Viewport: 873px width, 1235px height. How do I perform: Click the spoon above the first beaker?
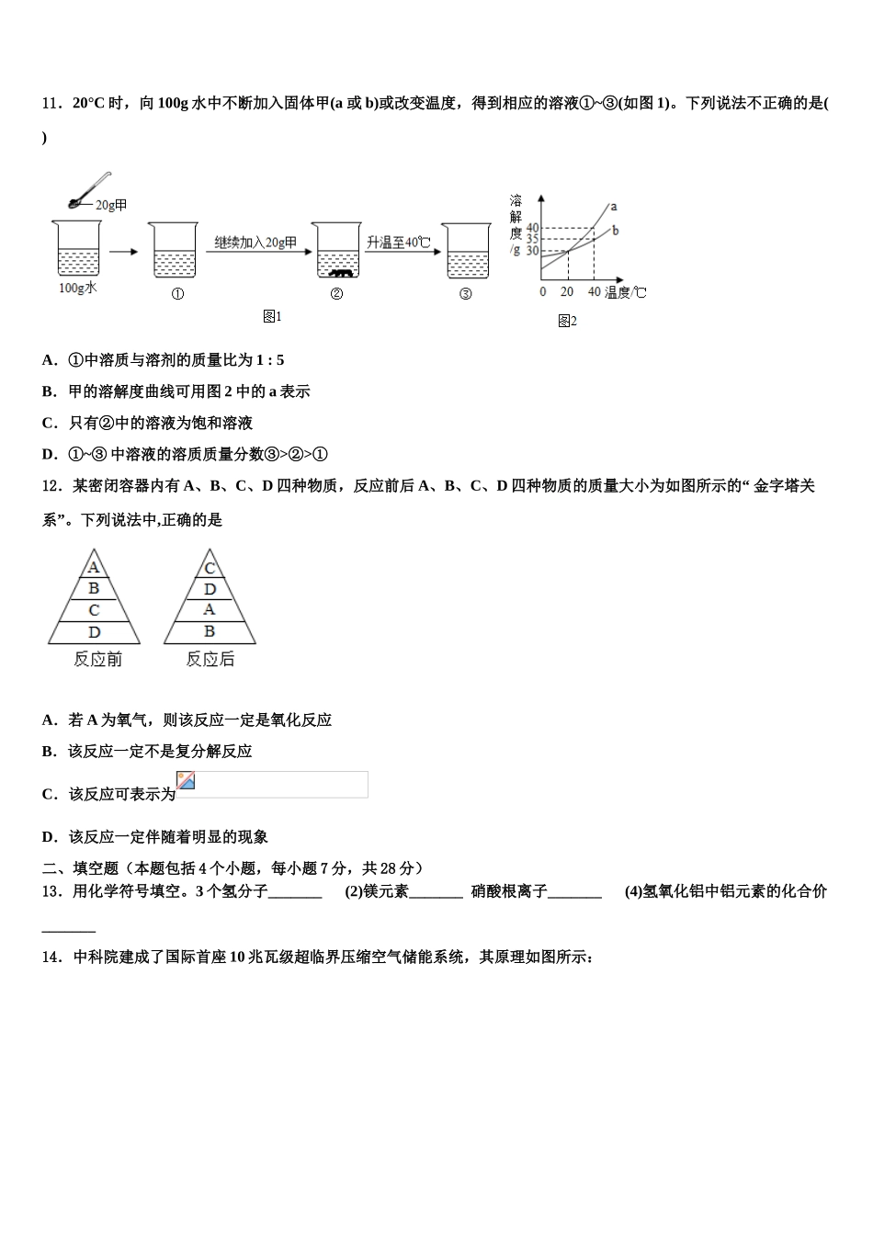[x=88, y=191]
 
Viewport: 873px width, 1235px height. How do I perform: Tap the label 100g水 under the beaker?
[x=77, y=289]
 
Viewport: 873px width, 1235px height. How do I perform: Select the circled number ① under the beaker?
[x=177, y=294]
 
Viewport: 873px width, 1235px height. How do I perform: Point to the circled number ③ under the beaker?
[x=465, y=294]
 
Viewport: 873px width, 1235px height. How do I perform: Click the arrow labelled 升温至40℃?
[x=399, y=253]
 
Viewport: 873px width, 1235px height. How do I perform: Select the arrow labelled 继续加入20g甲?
[x=255, y=253]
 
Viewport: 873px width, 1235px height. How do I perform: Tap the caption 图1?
[x=272, y=317]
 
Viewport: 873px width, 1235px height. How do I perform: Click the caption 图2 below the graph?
[x=567, y=321]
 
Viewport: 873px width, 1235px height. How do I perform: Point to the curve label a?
[x=613, y=207]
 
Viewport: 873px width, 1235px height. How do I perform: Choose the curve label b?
[x=615, y=231]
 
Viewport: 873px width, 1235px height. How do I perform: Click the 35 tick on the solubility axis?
[x=532, y=239]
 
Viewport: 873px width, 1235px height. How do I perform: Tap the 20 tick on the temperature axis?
[x=567, y=292]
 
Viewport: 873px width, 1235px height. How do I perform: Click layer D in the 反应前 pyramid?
[x=94, y=632]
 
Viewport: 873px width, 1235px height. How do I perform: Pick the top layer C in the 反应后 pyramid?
[x=210, y=568]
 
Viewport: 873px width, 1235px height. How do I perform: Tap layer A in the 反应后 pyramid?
[x=210, y=609]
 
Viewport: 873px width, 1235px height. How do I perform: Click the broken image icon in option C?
[x=186, y=781]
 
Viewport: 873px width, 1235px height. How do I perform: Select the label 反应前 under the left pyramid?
[x=97, y=660]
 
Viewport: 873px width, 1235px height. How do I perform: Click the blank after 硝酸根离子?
[x=574, y=892]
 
